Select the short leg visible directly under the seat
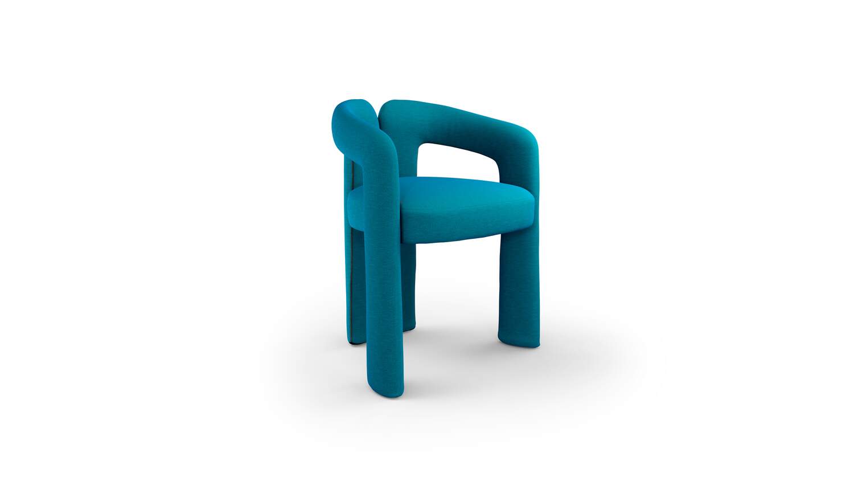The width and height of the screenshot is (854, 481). click(x=409, y=274)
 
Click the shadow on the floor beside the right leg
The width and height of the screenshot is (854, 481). click(x=564, y=353)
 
